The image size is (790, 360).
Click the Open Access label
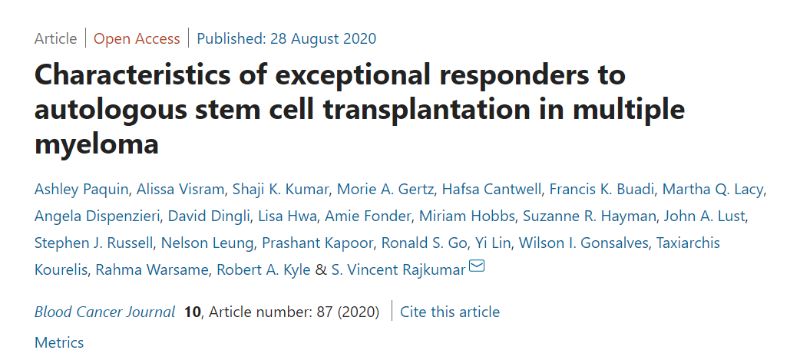(137, 38)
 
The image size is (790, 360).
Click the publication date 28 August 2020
(286, 38)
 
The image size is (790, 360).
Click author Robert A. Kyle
(263, 269)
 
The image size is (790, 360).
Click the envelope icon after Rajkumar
(477, 267)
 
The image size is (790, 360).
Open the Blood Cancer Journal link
(104, 312)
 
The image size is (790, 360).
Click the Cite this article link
(449, 312)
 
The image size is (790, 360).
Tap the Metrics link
(59, 342)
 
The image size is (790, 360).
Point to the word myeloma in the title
(97, 143)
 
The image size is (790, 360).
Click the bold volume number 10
(192, 312)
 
